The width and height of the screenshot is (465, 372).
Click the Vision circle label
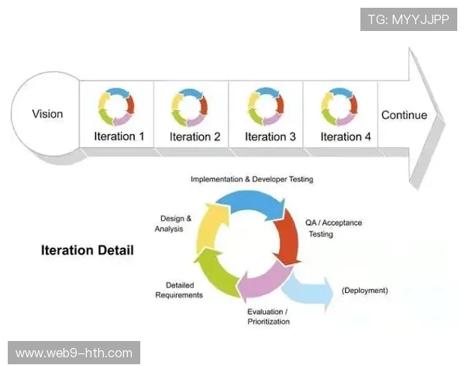47,114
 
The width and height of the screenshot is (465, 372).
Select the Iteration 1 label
119,136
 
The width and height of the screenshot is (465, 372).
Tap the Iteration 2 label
195,136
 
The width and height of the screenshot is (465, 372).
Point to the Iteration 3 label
270,136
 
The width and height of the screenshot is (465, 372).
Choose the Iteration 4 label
341,136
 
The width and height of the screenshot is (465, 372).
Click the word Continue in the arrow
404,115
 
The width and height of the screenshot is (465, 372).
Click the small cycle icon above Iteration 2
190,106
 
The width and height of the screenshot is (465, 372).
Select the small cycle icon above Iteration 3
266,106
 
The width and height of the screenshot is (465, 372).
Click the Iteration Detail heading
87,250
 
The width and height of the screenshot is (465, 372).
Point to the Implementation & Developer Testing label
252,179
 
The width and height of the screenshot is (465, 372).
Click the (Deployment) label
364,291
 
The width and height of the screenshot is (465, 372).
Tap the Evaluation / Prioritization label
267,316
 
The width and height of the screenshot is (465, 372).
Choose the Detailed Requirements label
179,290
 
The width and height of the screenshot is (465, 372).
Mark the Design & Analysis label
170,223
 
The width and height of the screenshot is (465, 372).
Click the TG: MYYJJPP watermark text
408,19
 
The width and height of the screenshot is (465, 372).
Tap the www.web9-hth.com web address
74,353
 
